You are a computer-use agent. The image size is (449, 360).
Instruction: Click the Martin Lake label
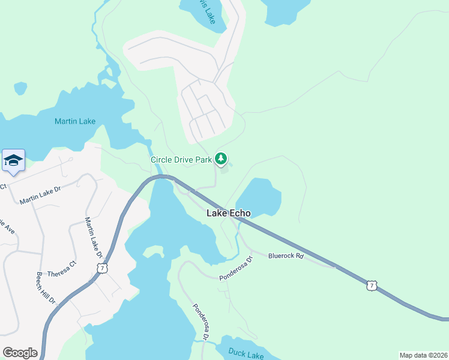click(75, 121)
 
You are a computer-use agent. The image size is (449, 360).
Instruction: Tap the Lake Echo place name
click(228, 212)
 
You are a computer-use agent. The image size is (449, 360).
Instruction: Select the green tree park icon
click(222, 159)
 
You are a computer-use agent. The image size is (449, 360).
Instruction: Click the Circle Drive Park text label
click(181, 160)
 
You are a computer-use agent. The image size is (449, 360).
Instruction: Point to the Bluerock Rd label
click(286, 256)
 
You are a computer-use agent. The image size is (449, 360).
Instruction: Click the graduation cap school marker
click(13, 161)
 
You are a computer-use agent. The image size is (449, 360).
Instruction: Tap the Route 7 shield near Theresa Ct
click(103, 268)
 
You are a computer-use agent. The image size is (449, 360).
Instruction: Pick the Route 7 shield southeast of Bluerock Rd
click(372, 287)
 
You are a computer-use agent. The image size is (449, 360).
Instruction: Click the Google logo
click(20, 353)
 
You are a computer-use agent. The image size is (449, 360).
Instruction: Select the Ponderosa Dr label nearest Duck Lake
click(200, 322)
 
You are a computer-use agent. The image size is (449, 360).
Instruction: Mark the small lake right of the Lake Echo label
click(259, 197)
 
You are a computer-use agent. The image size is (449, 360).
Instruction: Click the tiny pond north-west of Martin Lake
click(20, 88)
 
